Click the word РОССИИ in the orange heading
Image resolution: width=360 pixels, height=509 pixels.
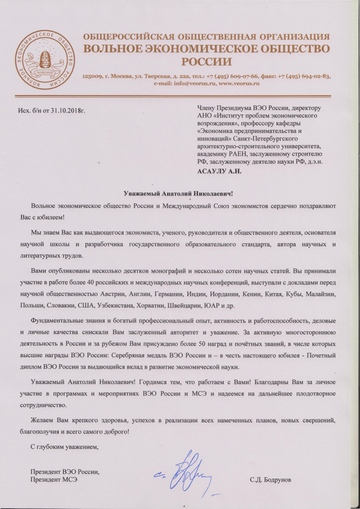pos(206,62)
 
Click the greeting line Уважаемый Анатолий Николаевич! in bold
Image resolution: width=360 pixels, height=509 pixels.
pos(178,194)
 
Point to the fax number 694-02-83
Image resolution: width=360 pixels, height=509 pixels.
pos(313,76)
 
